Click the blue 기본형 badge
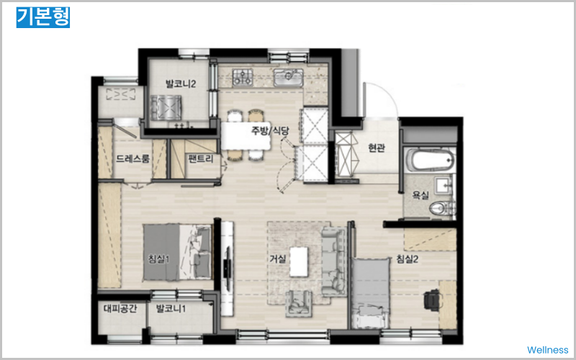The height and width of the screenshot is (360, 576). pyautogui.click(x=43, y=17)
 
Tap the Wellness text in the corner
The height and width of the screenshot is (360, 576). pyautogui.click(x=547, y=349)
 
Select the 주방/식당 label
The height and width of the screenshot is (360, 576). pyautogui.click(x=270, y=131)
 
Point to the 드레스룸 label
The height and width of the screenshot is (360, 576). pyautogui.click(x=132, y=158)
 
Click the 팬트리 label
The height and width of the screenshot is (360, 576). pyautogui.click(x=201, y=159)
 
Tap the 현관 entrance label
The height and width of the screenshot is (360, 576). pyautogui.click(x=377, y=148)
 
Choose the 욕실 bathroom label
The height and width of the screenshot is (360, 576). pyautogui.click(x=420, y=195)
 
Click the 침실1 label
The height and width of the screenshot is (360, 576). pyautogui.click(x=158, y=259)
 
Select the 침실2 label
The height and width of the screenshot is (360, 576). pyautogui.click(x=408, y=259)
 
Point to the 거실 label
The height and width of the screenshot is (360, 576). pyautogui.click(x=278, y=259)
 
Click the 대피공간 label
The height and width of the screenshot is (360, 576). pyautogui.click(x=120, y=308)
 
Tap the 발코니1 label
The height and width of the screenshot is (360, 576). pyautogui.click(x=171, y=308)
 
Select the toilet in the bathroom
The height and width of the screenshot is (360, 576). pyautogui.click(x=442, y=209)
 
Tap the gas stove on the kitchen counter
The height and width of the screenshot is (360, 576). pyautogui.click(x=243, y=77)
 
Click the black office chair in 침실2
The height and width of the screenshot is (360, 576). pyautogui.click(x=431, y=300)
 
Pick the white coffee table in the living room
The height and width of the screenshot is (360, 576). pyautogui.click(x=299, y=261)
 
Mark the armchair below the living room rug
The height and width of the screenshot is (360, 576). pyautogui.click(x=299, y=304)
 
